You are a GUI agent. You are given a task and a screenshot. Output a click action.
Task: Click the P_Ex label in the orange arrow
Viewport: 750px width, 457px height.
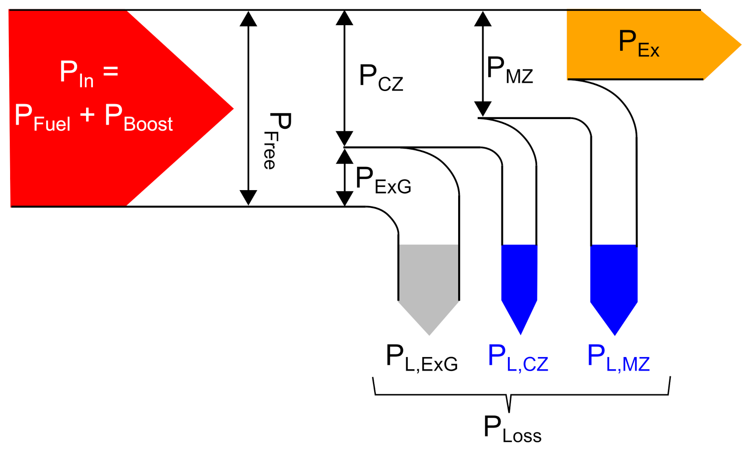click(x=638, y=43)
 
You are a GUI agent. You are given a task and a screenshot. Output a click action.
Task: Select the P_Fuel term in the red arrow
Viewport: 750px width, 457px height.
click(x=42, y=118)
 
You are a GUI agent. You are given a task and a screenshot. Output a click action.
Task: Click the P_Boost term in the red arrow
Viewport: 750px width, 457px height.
click(x=138, y=118)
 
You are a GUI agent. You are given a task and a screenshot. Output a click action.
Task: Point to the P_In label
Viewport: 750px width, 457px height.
click(x=77, y=74)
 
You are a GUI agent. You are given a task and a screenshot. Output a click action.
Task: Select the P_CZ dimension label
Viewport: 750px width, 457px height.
click(x=381, y=78)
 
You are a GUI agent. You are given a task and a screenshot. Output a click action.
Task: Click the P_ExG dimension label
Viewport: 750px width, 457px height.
click(x=383, y=180)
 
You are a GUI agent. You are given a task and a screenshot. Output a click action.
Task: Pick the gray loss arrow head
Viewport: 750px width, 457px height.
click(x=429, y=317)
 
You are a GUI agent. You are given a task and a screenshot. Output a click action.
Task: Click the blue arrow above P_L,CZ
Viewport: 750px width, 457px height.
click(x=519, y=284)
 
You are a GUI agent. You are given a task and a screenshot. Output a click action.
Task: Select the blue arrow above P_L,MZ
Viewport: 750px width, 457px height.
click(x=614, y=284)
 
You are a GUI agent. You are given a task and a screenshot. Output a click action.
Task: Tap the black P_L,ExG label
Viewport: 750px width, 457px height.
click(x=421, y=358)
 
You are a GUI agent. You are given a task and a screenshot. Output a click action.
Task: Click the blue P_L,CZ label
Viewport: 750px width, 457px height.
click(x=517, y=358)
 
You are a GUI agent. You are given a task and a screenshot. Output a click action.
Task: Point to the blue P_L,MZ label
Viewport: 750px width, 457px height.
click(x=618, y=358)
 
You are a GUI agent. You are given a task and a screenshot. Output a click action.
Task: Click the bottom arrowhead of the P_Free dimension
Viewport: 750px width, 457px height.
click(x=248, y=198)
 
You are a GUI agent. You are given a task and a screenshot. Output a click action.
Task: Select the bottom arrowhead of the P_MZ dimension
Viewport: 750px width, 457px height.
click(x=483, y=109)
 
